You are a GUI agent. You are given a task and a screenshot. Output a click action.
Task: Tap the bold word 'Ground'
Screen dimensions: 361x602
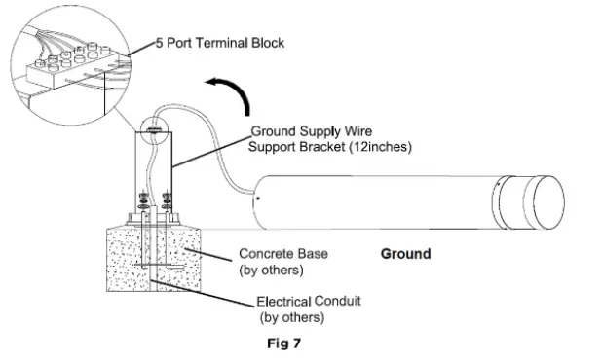pos(405,254)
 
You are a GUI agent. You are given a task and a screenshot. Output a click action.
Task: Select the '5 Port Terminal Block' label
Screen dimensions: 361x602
pos(226,44)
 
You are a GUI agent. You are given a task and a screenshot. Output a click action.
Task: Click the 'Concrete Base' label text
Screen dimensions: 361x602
pos(283,254)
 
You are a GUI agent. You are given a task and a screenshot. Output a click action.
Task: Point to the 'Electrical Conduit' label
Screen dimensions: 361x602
pos(309,302)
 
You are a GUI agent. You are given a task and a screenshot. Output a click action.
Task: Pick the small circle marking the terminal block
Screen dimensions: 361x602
pos(154,127)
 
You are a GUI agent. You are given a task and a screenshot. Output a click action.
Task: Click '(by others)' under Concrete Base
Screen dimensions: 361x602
pos(272,270)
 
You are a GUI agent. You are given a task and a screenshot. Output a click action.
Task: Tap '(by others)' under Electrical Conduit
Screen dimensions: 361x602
pos(291,317)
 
